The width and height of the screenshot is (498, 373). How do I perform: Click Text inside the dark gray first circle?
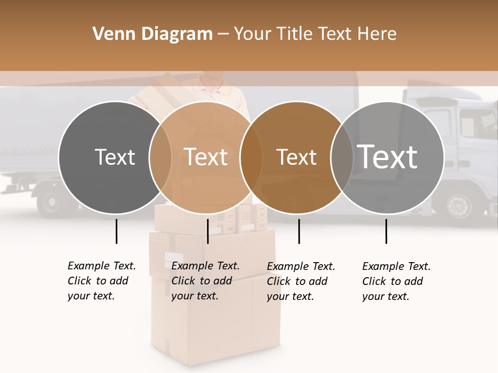tap(115, 157)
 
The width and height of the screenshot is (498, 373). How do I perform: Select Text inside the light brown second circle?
tap(206, 157)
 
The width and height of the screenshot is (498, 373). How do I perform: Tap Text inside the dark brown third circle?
tap(296, 157)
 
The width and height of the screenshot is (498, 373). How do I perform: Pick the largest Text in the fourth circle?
tap(388, 156)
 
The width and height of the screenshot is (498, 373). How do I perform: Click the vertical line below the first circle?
tap(117, 231)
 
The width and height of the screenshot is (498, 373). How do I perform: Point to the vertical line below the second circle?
tap(208, 231)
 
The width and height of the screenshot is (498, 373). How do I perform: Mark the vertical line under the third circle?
tap(299, 231)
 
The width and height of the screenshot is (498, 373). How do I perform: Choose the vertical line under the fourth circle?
tap(386, 231)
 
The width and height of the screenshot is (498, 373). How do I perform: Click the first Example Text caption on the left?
tap(101, 281)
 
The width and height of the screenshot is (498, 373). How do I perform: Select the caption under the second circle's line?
tap(205, 281)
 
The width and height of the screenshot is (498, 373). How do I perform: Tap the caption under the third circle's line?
tap(301, 281)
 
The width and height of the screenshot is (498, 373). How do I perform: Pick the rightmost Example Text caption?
tap(396, 281)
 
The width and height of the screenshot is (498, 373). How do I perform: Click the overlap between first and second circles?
tap(160, 157)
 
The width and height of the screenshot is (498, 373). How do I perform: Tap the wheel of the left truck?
tap(51, 202)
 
